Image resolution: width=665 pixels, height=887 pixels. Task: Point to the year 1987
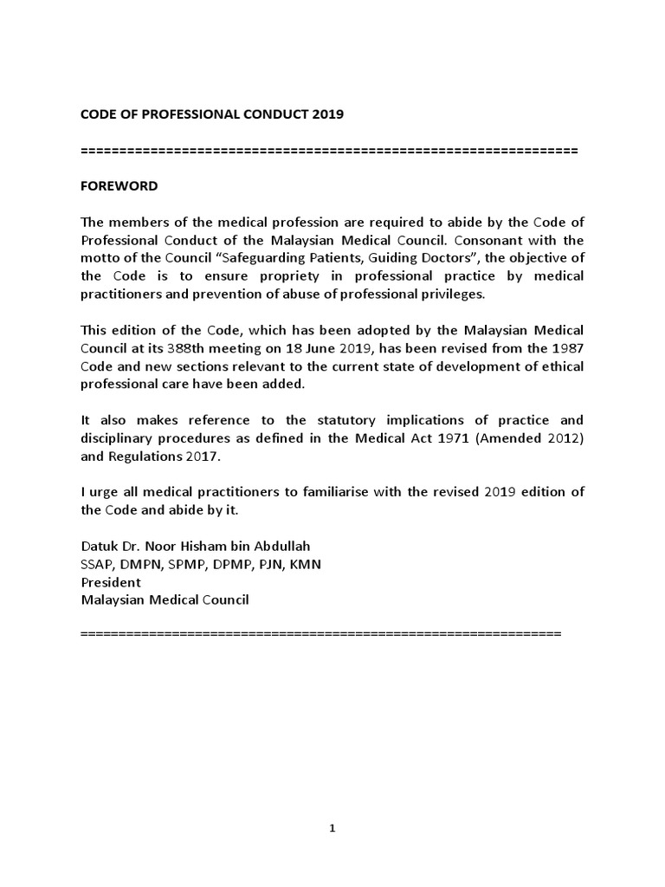566,348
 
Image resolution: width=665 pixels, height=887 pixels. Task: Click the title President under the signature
111,582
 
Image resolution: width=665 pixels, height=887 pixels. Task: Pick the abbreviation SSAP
97,565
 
